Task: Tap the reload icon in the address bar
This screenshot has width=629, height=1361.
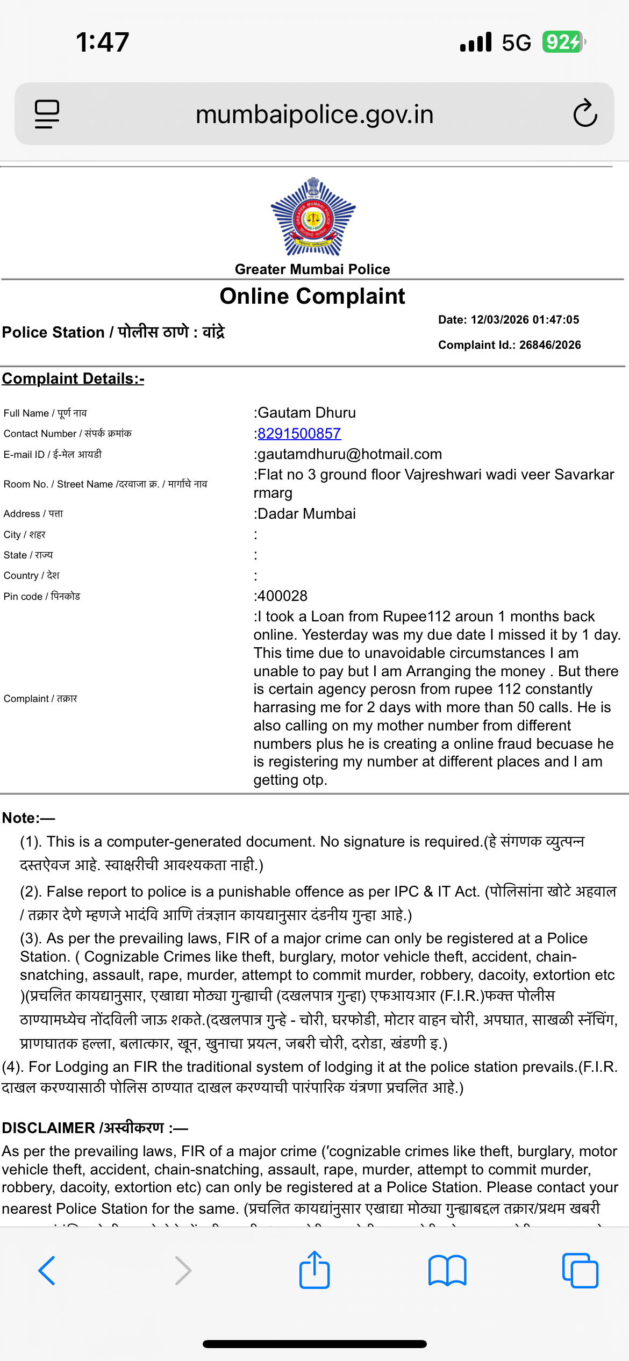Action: [585, 113]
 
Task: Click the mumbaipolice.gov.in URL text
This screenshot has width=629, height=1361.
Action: [314, 114]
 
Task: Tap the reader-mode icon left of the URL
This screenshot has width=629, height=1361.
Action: [47, 114]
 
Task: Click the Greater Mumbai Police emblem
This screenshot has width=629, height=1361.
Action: [313, 217]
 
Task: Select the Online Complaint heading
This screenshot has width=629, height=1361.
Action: [312, 296]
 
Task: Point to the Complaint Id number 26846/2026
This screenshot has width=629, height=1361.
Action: [550, 345]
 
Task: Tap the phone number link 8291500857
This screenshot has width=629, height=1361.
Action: [299, 434]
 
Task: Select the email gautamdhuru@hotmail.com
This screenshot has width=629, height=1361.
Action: [349, 455]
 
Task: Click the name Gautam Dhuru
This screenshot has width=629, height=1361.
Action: [307, 413]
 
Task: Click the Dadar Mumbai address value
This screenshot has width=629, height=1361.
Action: [306, 514]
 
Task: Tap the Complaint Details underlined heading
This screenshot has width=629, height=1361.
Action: [73, 379]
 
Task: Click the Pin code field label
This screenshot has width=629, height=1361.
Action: [42, 597]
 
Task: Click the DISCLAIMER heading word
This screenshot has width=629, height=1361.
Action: [48, 1128]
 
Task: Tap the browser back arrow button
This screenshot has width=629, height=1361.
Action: [47, 1271]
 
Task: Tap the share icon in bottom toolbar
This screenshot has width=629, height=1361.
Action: [314, 1270]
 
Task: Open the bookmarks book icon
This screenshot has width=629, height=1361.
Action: [447, 1271]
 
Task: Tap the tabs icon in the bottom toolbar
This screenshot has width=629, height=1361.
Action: [580, 1271]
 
